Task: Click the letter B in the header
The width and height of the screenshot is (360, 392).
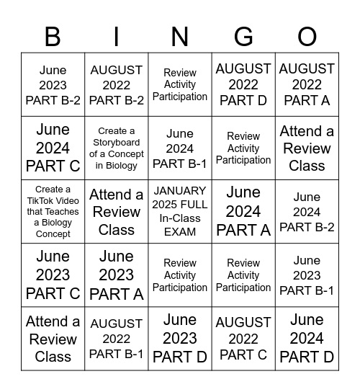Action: pyautogui.click(x=53, y=36)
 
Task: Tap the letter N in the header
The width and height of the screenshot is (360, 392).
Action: pyautogui.click(x=180, y=36)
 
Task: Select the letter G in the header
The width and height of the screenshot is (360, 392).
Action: pyautogui.click(x=243, y=36)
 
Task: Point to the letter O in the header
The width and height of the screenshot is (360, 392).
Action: pyautogui.click(x=307, y=36)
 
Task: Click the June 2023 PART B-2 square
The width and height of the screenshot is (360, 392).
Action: pyautogui.click(x=53, y=85)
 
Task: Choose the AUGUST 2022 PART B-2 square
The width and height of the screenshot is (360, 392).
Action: pyautogui.click(x=117, y=85)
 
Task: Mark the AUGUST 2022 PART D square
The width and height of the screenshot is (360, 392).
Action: pyautogui.click(x=243, y=85)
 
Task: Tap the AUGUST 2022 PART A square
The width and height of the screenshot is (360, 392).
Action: pyautogui.click(x=307, y=85)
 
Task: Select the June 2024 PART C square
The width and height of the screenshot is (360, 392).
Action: pyautogui.click(x=53, y=148)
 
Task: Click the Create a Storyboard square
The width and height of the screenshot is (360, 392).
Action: pyautogui.click(x=117, y=148)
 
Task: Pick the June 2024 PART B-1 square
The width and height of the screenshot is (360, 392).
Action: pyautogui.click(x=180, y=148)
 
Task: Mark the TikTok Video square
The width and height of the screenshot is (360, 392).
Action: pyautogui.click(x=53, y=212)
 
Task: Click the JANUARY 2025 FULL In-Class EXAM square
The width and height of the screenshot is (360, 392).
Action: pyautogui.click(x=180, y=212)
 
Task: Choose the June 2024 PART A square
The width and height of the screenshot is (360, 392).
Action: pyautogui.click(x=243, y=212)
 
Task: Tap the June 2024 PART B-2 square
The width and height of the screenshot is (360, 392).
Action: pyautogui.click(x=307, y=212)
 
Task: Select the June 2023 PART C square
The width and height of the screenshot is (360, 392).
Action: pyautogui.click(x=53, y=275)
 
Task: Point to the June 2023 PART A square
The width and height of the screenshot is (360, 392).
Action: pyautogui.click(x=117, y=275)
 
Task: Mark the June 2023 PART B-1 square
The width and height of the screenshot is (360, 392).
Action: pyautogui.click(x=307, y=275)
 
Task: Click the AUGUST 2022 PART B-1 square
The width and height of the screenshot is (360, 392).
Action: pyautogui.click(x=117, y=339)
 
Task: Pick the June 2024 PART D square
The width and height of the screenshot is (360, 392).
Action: pyautogui.click(x=307, y=339)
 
